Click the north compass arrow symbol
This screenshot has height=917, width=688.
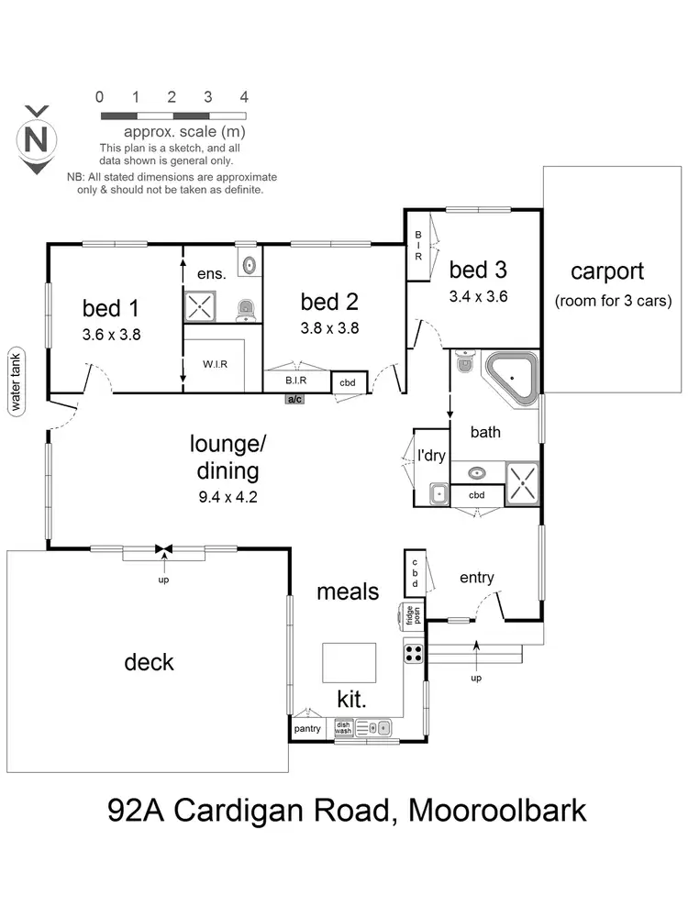coord(37,139)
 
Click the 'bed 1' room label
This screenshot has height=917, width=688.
coord(110,307)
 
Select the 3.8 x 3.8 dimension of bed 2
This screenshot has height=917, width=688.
coord(329,327)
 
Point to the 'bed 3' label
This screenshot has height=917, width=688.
coord(478,271)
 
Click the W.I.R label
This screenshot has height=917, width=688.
coord(215,364)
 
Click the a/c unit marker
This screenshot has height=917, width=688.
coord(295,400)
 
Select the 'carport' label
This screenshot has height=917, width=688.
coord(607,271)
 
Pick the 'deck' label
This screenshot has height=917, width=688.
coord(149,662)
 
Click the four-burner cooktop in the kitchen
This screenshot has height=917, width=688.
coord(414,654)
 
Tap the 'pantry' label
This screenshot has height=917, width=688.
coord(307,729)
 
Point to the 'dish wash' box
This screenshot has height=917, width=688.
coord(343,728)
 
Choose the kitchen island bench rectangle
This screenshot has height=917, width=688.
coord(349,660)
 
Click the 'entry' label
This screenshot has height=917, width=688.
coord(477,578)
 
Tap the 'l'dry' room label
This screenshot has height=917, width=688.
coord(431,456)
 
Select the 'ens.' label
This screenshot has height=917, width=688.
coord(212,273)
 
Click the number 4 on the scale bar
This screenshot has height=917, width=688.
coord(244,96)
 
